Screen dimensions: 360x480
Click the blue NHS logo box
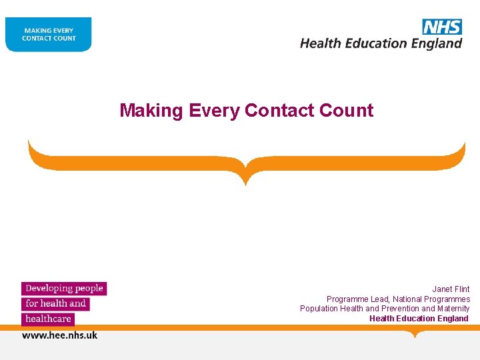(x=442, y=27)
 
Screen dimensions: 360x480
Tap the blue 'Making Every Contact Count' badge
(x=49, y=35)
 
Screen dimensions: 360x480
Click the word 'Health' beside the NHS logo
(x=320, y=43)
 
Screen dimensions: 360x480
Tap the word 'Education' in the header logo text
(x=375, y=43)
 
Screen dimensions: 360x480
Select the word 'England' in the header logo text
(x=437, y=43)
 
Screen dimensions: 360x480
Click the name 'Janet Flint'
(x=451, y=289)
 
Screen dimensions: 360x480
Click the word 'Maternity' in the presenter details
(x=453, y=309)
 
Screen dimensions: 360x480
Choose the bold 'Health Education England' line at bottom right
(x=419, y=319)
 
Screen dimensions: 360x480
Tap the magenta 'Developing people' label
(x=64, y=289)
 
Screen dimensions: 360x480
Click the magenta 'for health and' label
(x=55, y=304)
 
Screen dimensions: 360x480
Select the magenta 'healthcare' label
(x=48, y=319)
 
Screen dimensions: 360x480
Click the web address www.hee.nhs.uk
(x=60, y=335)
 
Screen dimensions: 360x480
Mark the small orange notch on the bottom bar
(x=415, y=333)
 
